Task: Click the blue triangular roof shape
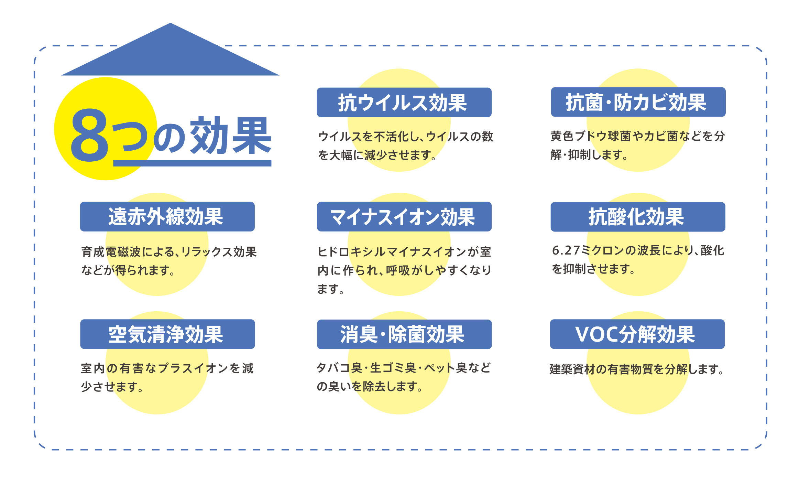[x=170, y=55]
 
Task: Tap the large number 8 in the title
[x=89, y=136]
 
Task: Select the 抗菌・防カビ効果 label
[x=638, y=102]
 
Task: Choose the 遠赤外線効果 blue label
[x=167, y=217]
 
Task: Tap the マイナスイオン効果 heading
[x=404, y=217]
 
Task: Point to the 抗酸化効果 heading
[x=638, y=217]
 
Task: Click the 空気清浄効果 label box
[x=167, y=334]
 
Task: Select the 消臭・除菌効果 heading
[x=404, y=334]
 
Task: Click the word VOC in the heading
[x=596, y=334]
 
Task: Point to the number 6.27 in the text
[x=566, y=250]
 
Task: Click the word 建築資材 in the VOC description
[x=572, y=369]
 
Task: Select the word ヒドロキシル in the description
[x=351, y=252]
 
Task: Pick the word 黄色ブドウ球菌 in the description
[x=591, y=136]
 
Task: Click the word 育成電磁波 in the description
[x=111, y=252]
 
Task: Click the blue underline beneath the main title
[x=192, y=163]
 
